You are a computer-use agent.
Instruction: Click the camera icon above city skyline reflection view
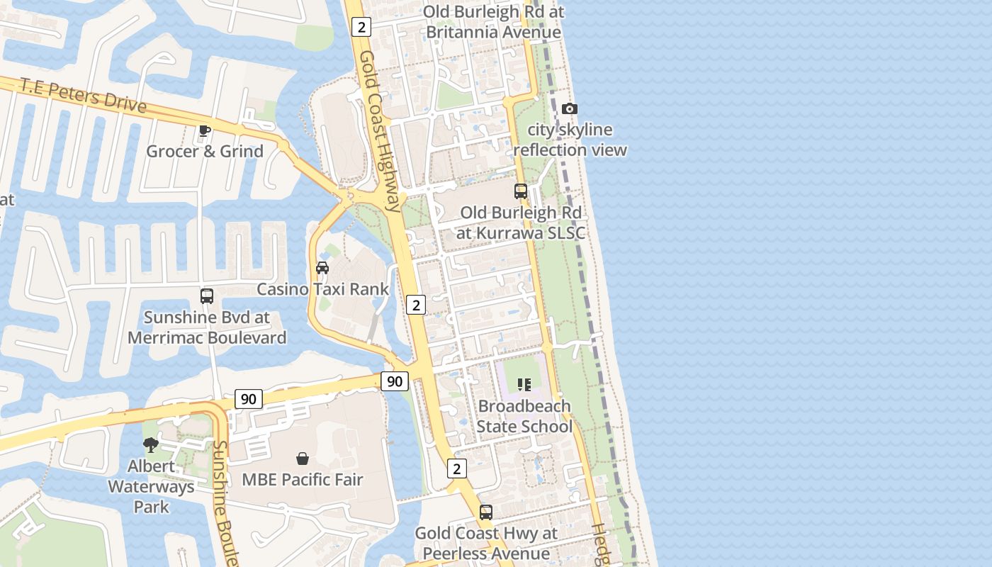(x=569, y=108)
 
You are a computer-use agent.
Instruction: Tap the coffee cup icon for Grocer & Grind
(x=204, y=130)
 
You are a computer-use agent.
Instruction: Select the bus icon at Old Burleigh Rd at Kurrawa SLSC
(x=521, y=191)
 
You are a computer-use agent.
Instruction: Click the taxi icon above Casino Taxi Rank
(x=322, y=268)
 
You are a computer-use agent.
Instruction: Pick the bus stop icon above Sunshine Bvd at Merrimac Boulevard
(x=207, y=296)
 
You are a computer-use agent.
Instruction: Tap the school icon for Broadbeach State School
(x=524, y=385)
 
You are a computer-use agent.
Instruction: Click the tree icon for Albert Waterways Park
(x=150, y=445)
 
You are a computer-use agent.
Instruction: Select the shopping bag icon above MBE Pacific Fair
(x=303, y=459)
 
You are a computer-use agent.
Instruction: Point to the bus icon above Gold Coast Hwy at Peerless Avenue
(x=486, y=512)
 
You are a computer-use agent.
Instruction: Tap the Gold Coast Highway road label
(x=380, y=131)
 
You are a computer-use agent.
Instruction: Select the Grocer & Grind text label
(x=205, y=151)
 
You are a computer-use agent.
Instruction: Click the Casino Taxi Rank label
(x=323, y=289)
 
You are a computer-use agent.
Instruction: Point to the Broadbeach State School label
(x=524, y=416)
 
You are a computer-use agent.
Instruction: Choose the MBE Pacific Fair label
(x=303, y=480)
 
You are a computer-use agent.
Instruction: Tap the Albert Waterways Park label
(x=151, y=486)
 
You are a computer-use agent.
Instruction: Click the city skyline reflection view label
(x=570, y=140)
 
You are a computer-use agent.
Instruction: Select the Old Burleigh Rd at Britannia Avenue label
(x=494, y=22)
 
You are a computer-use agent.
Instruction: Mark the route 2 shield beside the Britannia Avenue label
(x=361, y=27)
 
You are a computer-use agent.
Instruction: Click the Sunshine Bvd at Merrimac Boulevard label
(x=207, y=327)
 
